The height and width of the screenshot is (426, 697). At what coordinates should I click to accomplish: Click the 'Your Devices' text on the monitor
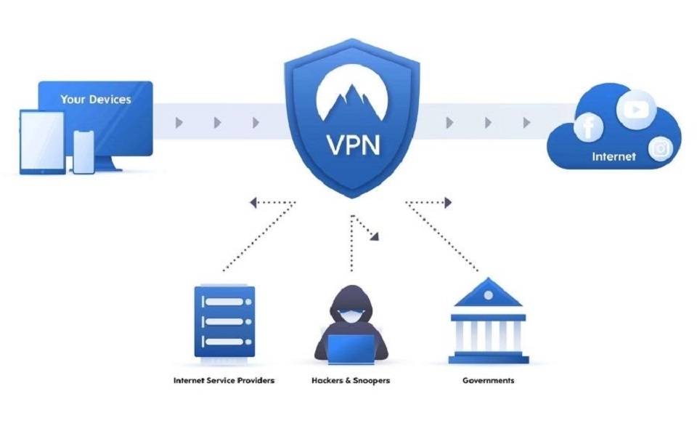(95, 99)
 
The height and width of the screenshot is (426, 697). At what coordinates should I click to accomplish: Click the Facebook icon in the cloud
(587, 129)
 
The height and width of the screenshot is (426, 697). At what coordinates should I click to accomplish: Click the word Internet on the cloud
(614, 156)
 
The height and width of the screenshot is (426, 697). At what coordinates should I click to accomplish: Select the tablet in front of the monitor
(42, 142)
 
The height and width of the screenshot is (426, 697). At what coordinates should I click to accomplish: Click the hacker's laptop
(352, 347)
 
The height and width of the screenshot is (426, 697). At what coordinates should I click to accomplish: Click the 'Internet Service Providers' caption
(224, 380)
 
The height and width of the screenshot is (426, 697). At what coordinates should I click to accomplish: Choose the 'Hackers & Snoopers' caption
(351, 380)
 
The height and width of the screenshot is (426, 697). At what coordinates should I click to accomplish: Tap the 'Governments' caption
(488, 380)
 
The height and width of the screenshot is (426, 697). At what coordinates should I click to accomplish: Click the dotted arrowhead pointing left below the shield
(254, 203)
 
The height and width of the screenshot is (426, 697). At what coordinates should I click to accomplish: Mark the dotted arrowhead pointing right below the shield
(447, 203)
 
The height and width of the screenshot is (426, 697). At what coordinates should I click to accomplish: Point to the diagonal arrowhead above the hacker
(374, 236)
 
